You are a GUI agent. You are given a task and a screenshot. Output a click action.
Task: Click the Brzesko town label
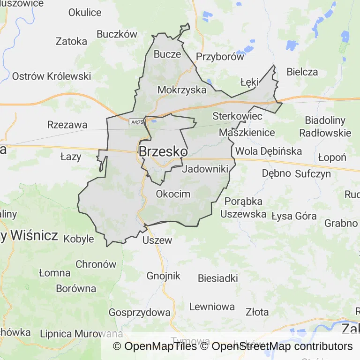(x=163, y=151)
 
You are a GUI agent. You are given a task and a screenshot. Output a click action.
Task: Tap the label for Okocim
(x=173, y=194)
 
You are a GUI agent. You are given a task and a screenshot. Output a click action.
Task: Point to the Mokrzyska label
(x=182, y=90)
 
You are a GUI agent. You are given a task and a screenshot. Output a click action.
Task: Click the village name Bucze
(x=167, y=54)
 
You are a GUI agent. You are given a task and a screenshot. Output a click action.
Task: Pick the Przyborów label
(x=220, y=57)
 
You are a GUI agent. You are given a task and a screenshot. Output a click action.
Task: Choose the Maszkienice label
(x=247, y=132)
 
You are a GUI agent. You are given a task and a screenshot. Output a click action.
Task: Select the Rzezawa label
(x=67, y=125)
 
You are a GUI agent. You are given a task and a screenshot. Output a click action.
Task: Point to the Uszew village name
(x=157, y=240)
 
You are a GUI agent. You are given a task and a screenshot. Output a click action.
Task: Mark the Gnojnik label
(x=163, y=276)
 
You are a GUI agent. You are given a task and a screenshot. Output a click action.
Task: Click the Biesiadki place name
(x=217, y=278)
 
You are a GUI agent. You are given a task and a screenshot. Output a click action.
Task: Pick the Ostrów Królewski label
(x=52, y=76)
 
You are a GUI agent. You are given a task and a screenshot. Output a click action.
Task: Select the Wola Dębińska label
(x=269, y=151)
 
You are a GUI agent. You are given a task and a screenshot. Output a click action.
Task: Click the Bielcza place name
(x=302, y=72)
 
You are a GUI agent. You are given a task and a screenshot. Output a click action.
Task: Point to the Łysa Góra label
(x=294, y=216)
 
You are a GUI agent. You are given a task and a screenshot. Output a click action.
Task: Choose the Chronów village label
(x=96, y=264)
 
